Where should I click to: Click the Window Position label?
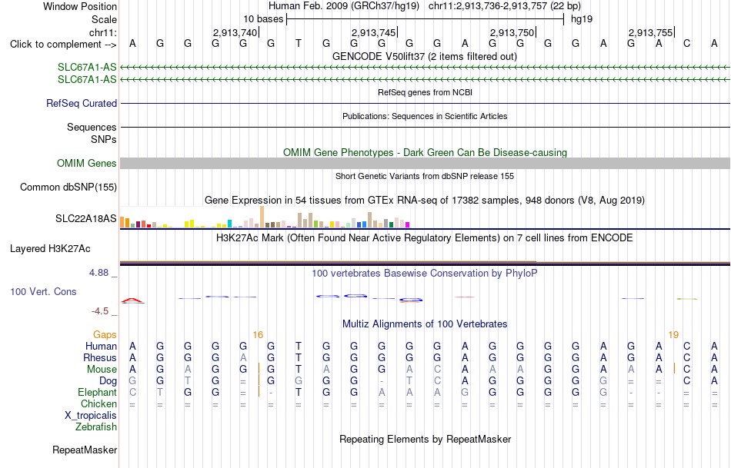(x=80, y=6)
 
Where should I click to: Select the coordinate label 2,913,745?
(x=373, y=32)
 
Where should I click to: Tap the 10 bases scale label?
(x=263, y=19)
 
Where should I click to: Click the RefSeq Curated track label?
(x=81, y=104)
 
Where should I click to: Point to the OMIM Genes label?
(x=87, y=164)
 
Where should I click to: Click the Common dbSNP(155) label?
(x=68, y=188)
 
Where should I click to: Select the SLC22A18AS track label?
(x=85, y=218)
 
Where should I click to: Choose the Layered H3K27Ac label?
(x=50, y=249)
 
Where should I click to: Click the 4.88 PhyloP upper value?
(x=98, y=273)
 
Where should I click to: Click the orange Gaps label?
(x=105, y=335)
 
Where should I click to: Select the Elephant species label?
(x=97, y=393)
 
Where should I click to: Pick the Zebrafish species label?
(x=96, y=427)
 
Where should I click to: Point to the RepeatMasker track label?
(x=85, y=450)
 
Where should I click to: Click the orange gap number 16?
(x=258, y=335)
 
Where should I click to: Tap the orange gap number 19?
(x=673, y=335)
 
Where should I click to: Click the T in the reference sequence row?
(x=299, y=43)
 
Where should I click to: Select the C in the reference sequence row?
(x=686, y=43)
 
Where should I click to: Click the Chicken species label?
(x=98, y=403)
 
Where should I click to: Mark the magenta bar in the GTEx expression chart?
(x=407, y=225)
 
